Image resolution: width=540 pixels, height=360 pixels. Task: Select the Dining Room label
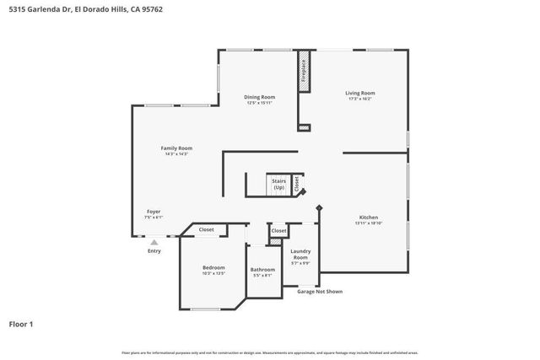click(259, 97)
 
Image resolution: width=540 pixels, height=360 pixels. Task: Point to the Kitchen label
click(368, 217)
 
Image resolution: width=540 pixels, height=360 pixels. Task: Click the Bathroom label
click(262, 270)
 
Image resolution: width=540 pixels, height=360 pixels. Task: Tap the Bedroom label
click(213, 267)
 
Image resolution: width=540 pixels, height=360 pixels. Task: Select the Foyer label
click(154, 212)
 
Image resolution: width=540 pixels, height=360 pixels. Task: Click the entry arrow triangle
click(154, 242)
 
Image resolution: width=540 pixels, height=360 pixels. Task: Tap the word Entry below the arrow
click(154, 250)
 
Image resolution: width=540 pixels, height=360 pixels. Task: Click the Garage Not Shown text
click(318, 290)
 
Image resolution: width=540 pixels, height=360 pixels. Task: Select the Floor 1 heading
click(21, 324)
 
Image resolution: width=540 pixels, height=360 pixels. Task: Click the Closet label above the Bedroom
click(206, 229)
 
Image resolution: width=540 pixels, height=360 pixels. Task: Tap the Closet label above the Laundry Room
click(278, 230)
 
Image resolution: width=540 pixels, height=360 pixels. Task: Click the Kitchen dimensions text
click(368, 223)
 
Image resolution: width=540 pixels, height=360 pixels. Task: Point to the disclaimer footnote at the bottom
click(269, 352)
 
